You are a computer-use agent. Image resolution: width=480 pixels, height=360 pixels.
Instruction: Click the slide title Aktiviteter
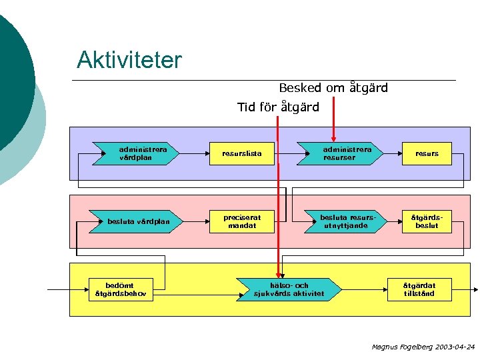[x=129, y=60]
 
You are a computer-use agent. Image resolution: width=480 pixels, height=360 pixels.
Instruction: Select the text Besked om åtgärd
[x=333, y=88]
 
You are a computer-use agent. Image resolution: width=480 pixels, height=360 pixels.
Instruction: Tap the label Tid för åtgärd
[x=278, y=107]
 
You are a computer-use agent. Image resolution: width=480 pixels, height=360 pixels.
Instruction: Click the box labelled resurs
[x=427, y=154]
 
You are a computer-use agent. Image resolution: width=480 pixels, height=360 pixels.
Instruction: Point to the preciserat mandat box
[x=242, y=221]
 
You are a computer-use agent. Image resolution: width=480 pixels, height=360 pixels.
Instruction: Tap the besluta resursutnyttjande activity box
[x=344, y=221]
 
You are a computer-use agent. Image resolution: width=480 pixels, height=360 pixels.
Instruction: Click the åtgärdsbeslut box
[x=427, y=221]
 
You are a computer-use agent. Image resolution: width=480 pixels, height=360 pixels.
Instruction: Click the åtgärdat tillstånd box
[x=418, y=289]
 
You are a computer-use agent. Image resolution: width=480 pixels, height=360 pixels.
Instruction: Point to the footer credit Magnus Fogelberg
[x=399, y=347]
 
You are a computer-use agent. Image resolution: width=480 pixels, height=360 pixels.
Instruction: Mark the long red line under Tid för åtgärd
[x=279, y=200]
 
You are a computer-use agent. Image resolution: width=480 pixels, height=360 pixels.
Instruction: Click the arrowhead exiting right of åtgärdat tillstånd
[x=475, y=290]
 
